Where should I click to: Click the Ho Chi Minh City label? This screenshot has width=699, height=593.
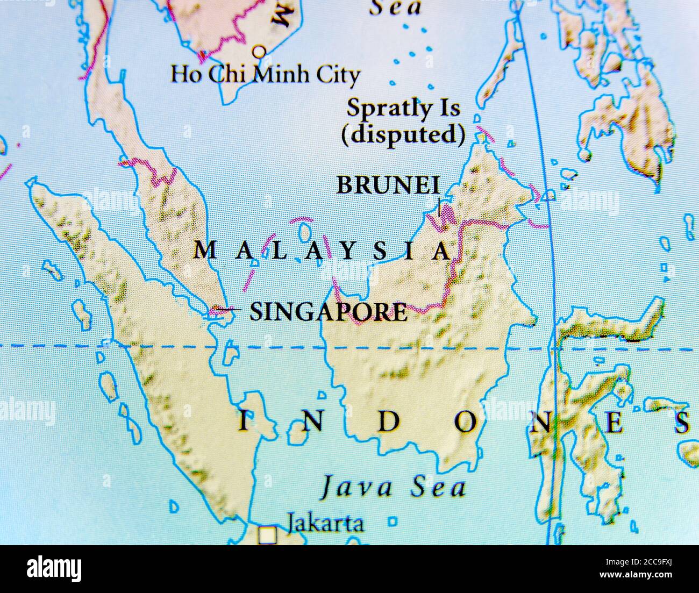265,74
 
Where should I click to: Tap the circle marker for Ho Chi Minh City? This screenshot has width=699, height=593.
260,52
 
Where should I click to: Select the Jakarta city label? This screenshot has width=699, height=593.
325,523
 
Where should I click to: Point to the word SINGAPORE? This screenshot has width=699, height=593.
329,312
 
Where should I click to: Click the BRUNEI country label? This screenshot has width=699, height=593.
388,185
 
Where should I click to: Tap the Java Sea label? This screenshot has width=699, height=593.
393,488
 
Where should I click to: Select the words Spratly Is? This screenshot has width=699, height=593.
403,108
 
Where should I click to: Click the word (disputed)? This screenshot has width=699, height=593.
403,134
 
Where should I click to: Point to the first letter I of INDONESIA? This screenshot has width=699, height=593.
244,423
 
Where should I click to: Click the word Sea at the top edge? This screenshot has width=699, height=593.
397,8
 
